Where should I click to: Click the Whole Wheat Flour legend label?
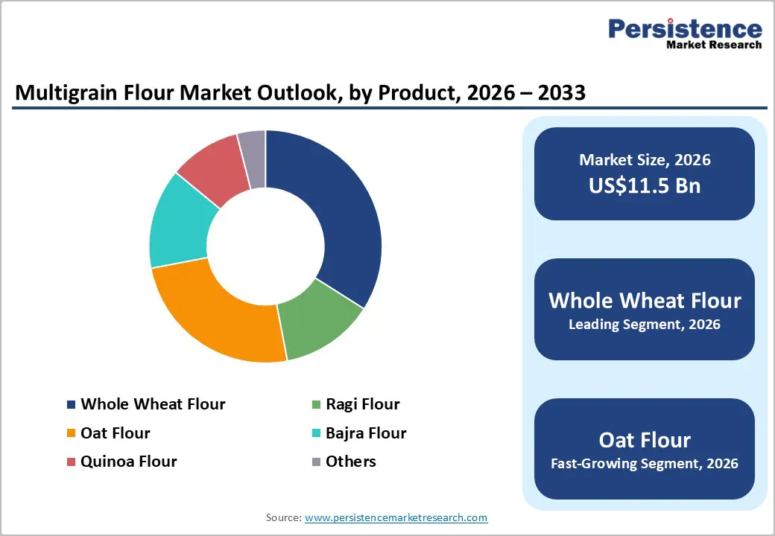(x=153, y=404)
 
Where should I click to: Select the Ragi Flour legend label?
(x=362, y=404)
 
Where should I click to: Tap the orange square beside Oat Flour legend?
(x=71, y=433)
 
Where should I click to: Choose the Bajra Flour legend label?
(x=365, y=433)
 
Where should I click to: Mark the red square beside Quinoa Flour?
(x=71, y=462)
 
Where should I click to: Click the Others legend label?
(x=350, y=462)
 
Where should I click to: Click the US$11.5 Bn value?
(x=645, y=185)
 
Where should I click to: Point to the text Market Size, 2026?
(x=645, y=160)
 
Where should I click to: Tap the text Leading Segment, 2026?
(x=645, y=325)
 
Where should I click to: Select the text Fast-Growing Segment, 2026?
(x=645, y=464)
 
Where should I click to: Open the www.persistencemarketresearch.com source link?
(x=396, y=517)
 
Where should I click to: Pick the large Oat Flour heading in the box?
(x=645, y=439)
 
